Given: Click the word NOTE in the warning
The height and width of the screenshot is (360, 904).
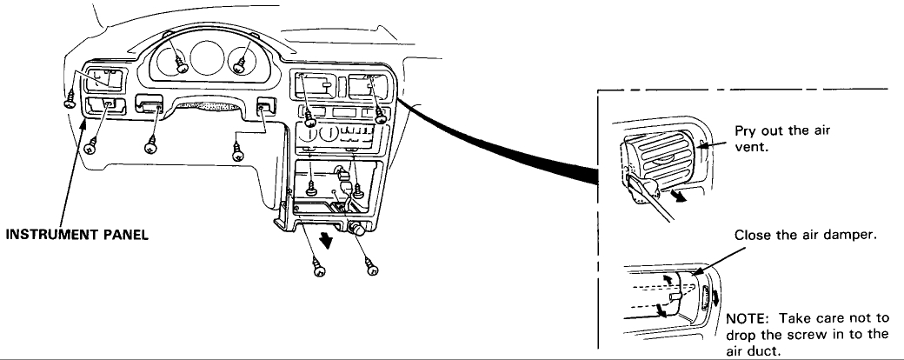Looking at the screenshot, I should [x=744, y=317].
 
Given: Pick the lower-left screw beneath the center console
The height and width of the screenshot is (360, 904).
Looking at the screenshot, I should [x=319, y=269].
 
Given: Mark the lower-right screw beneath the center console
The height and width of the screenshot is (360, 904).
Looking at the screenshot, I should [x=372, y=269].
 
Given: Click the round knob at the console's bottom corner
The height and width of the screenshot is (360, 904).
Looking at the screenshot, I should [x=356, y=230].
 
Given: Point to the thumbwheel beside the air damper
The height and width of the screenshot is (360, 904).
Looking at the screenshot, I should [x=712, y=297].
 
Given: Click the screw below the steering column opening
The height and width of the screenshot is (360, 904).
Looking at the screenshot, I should [x=238, y=154].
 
